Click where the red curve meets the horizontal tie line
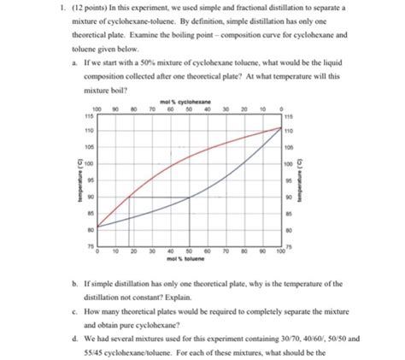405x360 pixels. (129, 196)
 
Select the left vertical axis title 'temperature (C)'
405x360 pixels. (77, 180)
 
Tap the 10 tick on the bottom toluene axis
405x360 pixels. (116, 251)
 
